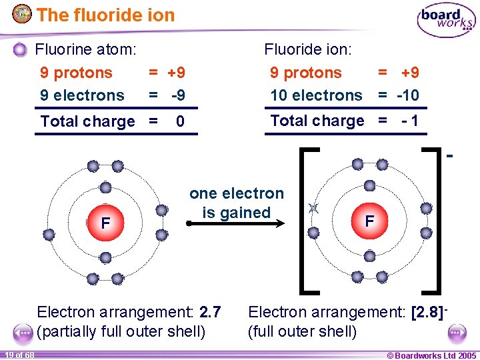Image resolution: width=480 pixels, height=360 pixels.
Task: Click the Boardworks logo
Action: click(446, 20)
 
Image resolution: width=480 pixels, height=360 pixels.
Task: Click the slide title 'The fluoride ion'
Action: click(105, 15)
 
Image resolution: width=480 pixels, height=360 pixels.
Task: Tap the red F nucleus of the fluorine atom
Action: click(105, 223)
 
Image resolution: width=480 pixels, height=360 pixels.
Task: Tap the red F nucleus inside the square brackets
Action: click(369, 220)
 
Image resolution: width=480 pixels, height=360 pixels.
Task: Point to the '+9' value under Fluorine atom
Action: click(176, 73)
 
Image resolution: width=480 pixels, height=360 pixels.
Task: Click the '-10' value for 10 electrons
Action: click(407, 95)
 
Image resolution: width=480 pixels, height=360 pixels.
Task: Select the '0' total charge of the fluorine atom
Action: click(180, 121)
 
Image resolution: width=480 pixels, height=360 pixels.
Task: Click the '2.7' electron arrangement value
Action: click(210, 311)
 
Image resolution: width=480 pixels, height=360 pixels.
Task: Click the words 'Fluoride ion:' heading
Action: click(308, 49)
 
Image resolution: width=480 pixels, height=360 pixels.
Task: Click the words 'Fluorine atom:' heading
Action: click(86, 49)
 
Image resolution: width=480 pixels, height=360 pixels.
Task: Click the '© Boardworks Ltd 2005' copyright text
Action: click(431, 355)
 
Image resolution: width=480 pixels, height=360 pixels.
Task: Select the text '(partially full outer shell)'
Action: click(121, 331)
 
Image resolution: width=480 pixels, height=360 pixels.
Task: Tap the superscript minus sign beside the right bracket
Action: click(450, 157)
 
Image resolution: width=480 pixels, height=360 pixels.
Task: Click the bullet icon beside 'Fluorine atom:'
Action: click(21, 49)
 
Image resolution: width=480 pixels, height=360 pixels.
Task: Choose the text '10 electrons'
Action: click(316, 95)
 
